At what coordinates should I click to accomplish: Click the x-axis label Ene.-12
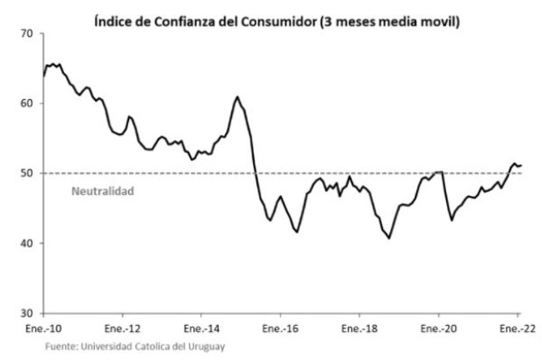click(122, 329)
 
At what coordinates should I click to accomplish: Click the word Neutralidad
click(102, 190)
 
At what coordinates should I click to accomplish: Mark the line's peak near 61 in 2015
click(237, 97)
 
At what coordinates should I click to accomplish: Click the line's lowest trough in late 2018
click(389, 238)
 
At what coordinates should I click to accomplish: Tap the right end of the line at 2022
click(521, 165)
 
